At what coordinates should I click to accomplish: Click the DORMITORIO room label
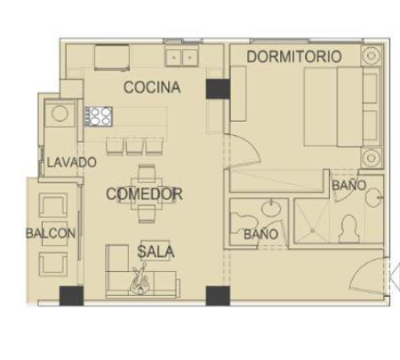pyautogui.click(x=294, y=56)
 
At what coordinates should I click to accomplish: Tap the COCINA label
pyautogui.click(x=152, y=87)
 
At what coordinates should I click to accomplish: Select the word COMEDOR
pyautogui.click(x=144, y=194)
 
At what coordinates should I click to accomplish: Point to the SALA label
pyautogui.click(x=156, y=252)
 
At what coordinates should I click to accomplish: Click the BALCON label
pyautogui.click(x=51, y=234)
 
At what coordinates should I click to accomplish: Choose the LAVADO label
pyautogui.click(x=72, y=163)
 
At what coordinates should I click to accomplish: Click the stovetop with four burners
pyautogui.click(x=99, y=116)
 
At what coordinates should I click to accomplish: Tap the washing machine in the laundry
pyautogui.click(x=60, y=113)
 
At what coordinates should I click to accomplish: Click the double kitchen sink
pyautogui.click(x=182, y=57)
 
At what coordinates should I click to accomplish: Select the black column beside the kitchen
pyautogui.click(x=218, y=89)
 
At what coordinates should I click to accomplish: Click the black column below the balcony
pyautogui.click(x=71, y=296)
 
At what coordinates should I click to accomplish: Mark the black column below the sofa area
pyautogui.click(x=218, y=296)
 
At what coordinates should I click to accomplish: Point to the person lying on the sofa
pyautogui.click(x=140, y=279)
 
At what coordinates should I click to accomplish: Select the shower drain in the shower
pyautogui.click(x=312, y=230)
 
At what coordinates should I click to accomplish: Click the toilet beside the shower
pyautogui.click(x=349, y=228)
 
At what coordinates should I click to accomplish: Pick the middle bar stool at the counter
pyautogui.click(x=134, y=146)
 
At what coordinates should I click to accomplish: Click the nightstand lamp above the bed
pyautogui.click(x=372, y=55)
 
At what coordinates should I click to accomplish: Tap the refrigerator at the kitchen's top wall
pyautogui.click(x=112, y=57)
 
